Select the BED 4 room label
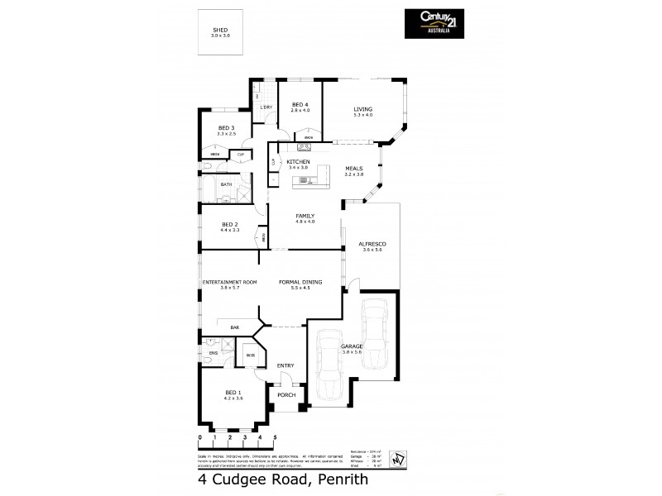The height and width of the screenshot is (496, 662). pos(300,104)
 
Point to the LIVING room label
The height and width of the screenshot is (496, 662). pos(363,109)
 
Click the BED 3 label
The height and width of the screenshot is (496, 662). pos(227,127)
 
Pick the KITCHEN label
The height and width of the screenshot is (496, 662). pos(298,161)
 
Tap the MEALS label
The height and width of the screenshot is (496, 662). pos(354,169)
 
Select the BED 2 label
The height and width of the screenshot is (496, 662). pos(229,224)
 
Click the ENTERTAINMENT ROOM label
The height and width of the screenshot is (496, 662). pos(230,282)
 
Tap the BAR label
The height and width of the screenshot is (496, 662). pos(235,328)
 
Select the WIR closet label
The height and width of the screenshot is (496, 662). pos(249,356)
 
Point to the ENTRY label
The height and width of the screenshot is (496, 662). pos(285,365)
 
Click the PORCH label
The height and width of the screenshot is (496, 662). pos(286,395)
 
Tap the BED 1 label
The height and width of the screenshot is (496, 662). pos(233,393)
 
